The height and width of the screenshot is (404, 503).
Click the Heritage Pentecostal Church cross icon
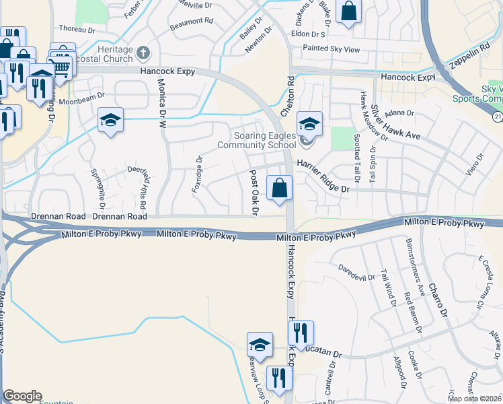(143, 53)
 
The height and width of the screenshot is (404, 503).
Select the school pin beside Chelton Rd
(309, 123)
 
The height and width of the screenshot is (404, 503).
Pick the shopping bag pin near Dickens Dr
(348, 11)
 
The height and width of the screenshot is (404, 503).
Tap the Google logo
(22, 395)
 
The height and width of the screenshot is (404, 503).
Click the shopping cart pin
(61, 65)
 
